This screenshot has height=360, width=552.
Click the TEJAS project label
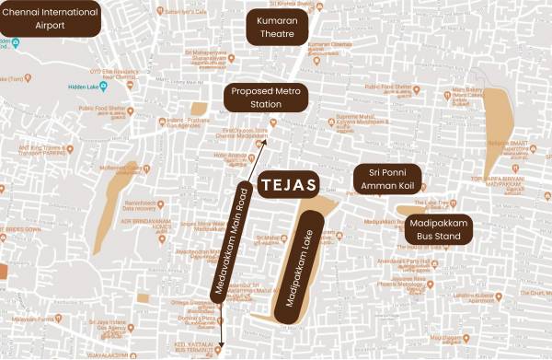pos(288,184)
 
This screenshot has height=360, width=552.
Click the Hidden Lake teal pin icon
pos(103,87)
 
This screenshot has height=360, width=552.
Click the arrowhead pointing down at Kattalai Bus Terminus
pos(222,338)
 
